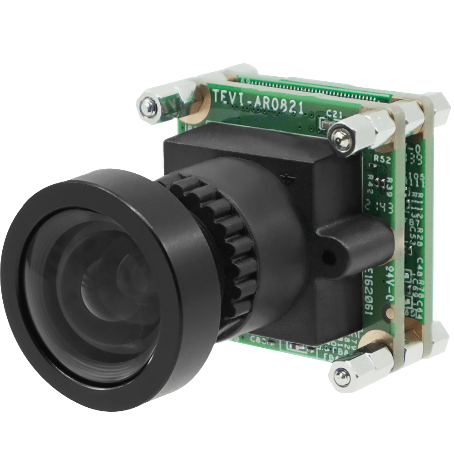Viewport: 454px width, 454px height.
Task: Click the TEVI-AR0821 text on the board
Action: point(258,102)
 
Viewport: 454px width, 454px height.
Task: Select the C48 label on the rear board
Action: point(420,266)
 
